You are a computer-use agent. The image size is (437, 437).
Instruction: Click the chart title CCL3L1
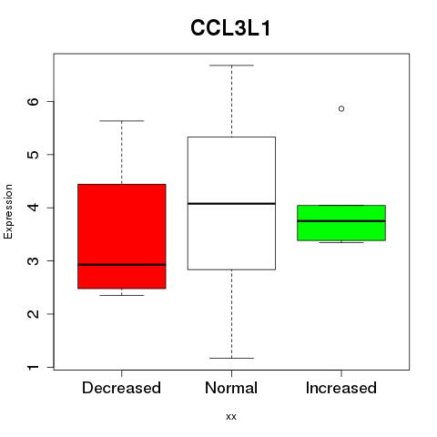click(230, 28)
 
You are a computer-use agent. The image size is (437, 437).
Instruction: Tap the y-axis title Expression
click(8, 211)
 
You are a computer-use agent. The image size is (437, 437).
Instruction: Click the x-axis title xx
click(231, 416)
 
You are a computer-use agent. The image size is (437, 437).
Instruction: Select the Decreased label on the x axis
click(121, 388)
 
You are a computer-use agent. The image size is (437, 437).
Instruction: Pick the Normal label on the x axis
click(231, 388)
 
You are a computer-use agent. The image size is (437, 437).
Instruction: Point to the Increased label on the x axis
click(341, 388)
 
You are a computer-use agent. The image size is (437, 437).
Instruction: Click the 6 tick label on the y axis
click(33, 101)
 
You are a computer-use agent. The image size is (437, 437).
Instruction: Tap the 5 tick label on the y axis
click(33, 155)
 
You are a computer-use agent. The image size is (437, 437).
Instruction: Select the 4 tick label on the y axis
click(33, 208)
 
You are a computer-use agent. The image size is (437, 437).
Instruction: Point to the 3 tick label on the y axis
click(33, 260)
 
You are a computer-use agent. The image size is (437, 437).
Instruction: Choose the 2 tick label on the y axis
click(33, 314)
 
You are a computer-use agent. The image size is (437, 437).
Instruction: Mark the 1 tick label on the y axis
click(33, 367)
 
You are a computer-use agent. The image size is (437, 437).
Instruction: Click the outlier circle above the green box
click(341, 108)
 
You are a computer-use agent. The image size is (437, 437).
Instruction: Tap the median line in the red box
click(122, 265)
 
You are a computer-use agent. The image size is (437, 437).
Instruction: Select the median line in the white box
click(231, 203)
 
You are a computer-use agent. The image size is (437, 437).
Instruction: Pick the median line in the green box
click(341, 221)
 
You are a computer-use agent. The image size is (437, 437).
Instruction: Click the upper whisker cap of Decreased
click(122, 121)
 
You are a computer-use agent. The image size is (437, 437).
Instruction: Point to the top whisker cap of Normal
click(231, 65)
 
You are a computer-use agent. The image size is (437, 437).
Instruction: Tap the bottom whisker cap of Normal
click(231, 358)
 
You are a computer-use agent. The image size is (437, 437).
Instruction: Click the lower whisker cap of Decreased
click(122, 295)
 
